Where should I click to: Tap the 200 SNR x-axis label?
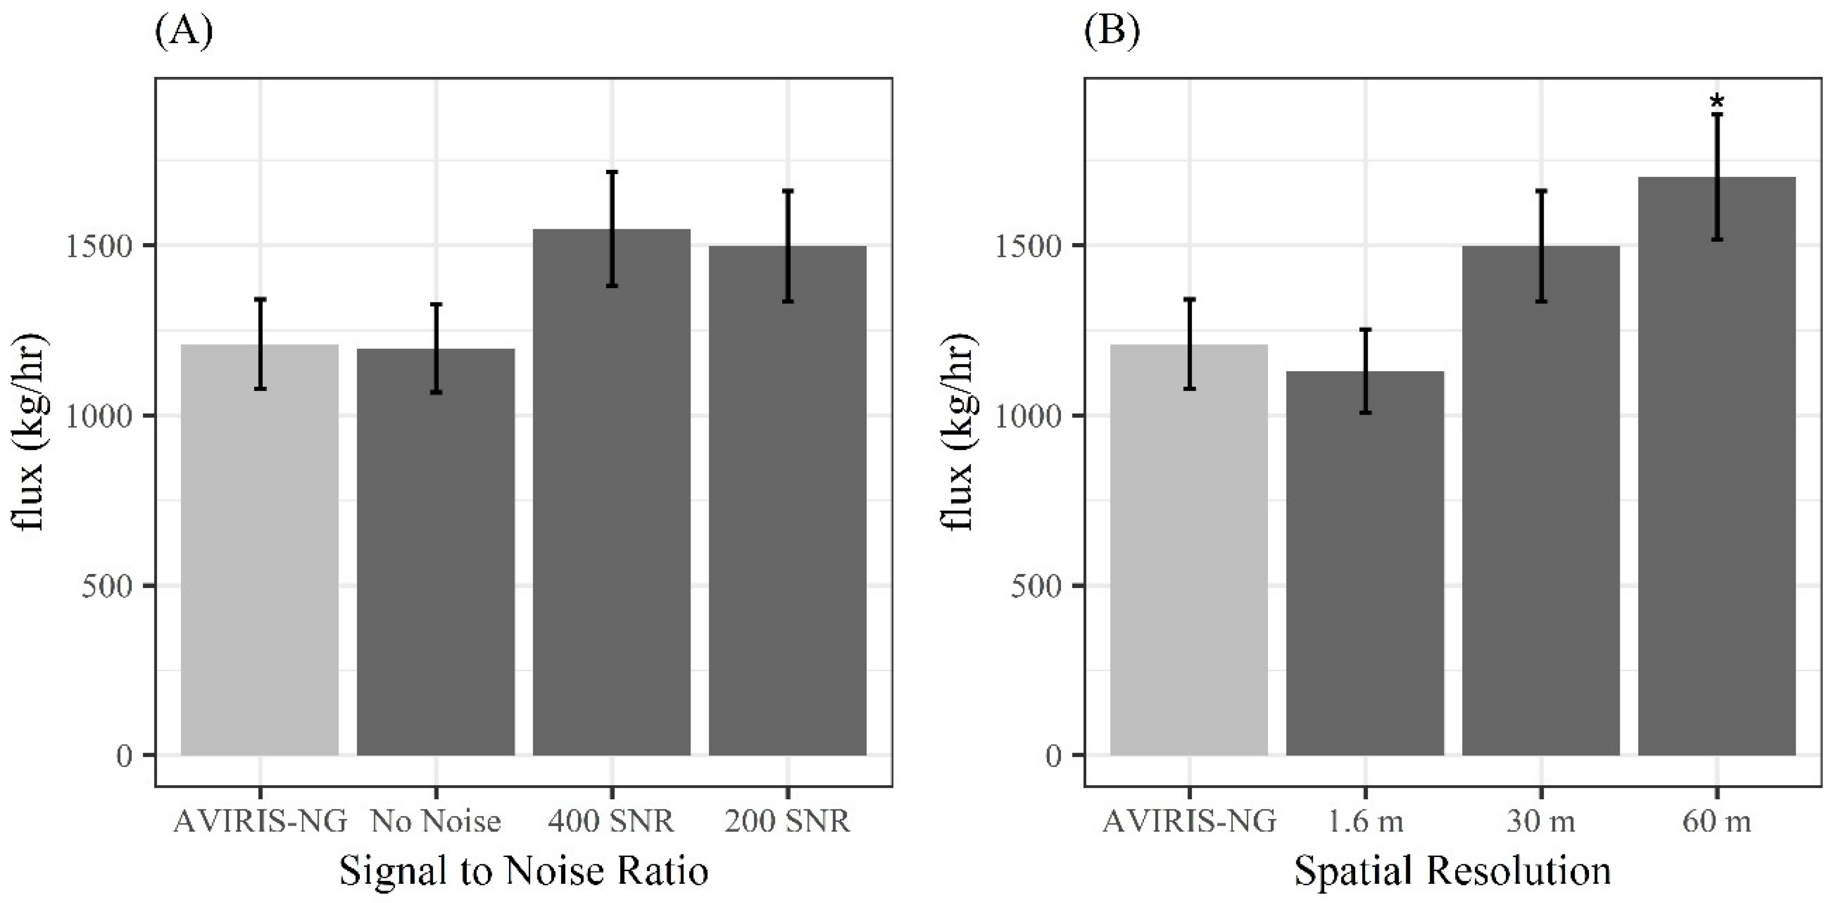[x=787, y=821]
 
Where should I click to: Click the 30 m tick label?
[x=1541, y=821]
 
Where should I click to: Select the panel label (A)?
[x=183, y=32]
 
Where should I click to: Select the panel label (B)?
[x=1112, y=32]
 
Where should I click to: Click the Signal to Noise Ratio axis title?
[x=523, y=872]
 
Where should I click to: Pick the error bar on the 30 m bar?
[x=1541, y=246]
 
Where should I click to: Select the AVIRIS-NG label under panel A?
[x=260, y=821]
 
